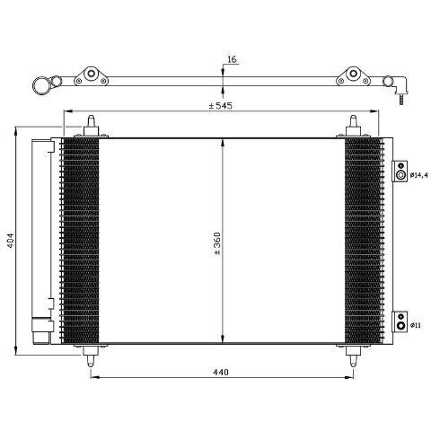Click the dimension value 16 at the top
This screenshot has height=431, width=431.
click(x=231, y=59)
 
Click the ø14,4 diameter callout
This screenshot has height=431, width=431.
click(x=420, y=174)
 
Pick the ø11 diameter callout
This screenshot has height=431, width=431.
click(x=418, y=324)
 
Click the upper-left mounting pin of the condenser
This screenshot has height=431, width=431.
click(x=93, y=127)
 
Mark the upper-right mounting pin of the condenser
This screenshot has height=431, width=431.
click(x=351, y=127)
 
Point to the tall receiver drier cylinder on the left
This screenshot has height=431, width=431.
click(x=40, y=239)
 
